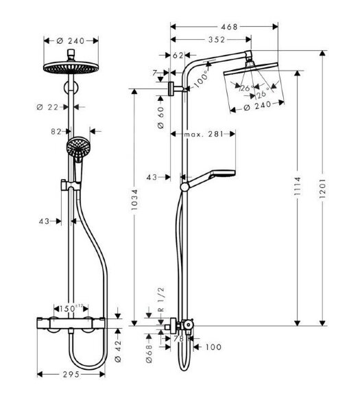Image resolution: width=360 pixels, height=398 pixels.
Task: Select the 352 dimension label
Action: (215, 40)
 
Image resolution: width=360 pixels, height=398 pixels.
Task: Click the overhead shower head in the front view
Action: (69, 67)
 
